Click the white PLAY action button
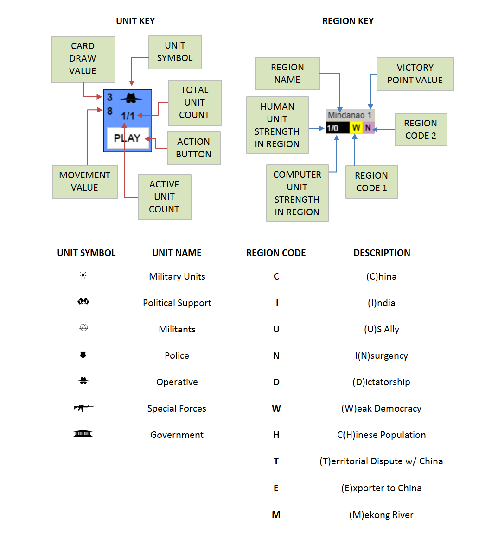pyautogui.click(x=128, y=138)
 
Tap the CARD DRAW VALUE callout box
pyautogui.click(x=83, y=59)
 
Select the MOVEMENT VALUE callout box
pyautogui.click(x=84, y=181)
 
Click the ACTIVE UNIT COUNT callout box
pyautogui.click(x=164, y=197)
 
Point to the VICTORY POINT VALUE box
pyautogui.click(x=415, y=74)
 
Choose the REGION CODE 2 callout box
pyautogui.click(x=421, y=130)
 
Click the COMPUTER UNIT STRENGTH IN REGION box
pyautogui.click(x=297, y=193)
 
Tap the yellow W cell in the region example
pyautogui.click(x=356, y=128)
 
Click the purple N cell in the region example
pyautogui.click(x=368, y=128)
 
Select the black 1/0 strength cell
pyautogui.click(x=337, y=128)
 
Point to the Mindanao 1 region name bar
pyautogui.click(x=350, y=115)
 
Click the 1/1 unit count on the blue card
pyautogui.click(x=128, y=116)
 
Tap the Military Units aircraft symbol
pyautogui.click(x=83, y=276)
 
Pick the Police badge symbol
pyautogui.click(x=83, y=355)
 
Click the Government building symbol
pyautogui.click(x=83, y=434)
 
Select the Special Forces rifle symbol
pyautogui.click(x=83, y=408)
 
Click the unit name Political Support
pyautogui.click(x=177, y=303)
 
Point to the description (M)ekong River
pyautogui.click(x=381, y=515)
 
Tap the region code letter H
pyautogui.click(x=276, y=435)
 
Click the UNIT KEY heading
pyautogui.click(x=135, y=21)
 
